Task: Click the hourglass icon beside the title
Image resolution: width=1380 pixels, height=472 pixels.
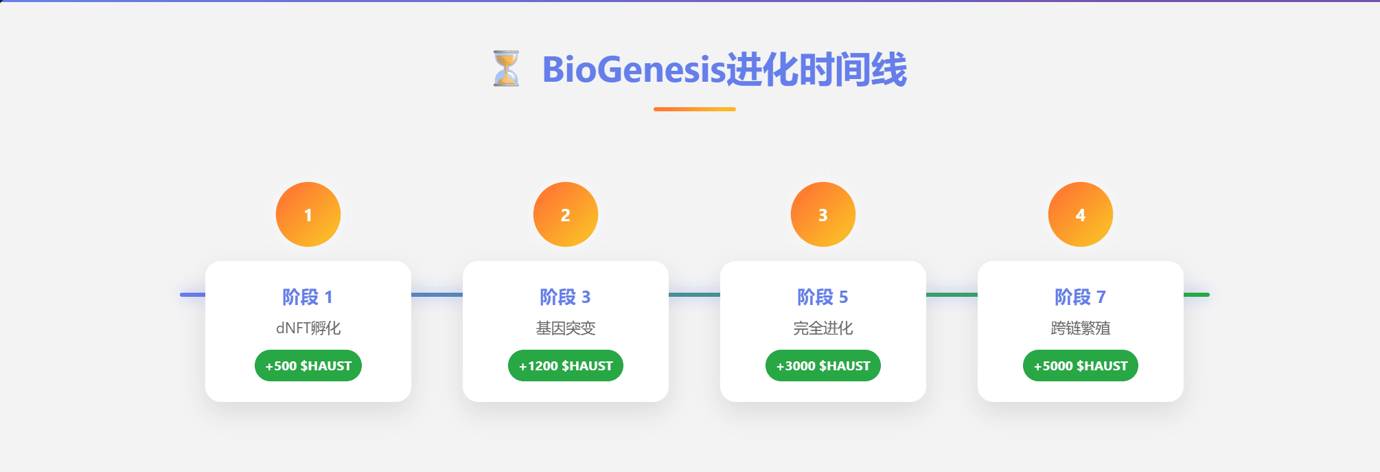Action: point(506,69)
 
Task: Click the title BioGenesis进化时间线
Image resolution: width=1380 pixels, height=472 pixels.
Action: point(724,69)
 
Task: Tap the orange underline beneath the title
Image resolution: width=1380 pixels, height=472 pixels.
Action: point(695,109)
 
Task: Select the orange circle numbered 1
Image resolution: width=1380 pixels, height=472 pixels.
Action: point(308,214)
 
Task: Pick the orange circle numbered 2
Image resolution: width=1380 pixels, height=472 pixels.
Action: point(566,214)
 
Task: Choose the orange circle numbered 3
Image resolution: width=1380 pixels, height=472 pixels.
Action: point(823,214)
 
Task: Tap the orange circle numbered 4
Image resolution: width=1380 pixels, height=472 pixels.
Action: point(1081,214)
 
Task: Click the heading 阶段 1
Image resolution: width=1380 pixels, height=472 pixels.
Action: point(308,297)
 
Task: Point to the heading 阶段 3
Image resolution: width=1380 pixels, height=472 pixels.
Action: point(565,297)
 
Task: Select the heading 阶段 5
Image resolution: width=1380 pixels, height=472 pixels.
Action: point(823,297)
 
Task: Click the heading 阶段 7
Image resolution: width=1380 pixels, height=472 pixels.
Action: point(1080,297)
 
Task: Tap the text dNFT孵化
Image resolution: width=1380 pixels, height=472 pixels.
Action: point(308,328)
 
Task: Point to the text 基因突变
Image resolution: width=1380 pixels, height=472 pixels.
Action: point(566,328)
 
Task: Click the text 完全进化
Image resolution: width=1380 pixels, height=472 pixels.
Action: point(823,328)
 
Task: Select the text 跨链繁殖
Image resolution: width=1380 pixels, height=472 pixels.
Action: point(1081,328)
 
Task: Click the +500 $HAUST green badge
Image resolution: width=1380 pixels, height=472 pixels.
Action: point(308,366)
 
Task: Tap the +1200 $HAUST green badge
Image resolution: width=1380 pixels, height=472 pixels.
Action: point(566,366)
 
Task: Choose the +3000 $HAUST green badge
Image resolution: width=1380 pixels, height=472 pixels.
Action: point(823,366)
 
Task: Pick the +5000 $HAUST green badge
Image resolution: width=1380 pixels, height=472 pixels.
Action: point(1081,366)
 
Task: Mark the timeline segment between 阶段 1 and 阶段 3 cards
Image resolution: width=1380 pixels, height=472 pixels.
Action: point(437,295)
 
